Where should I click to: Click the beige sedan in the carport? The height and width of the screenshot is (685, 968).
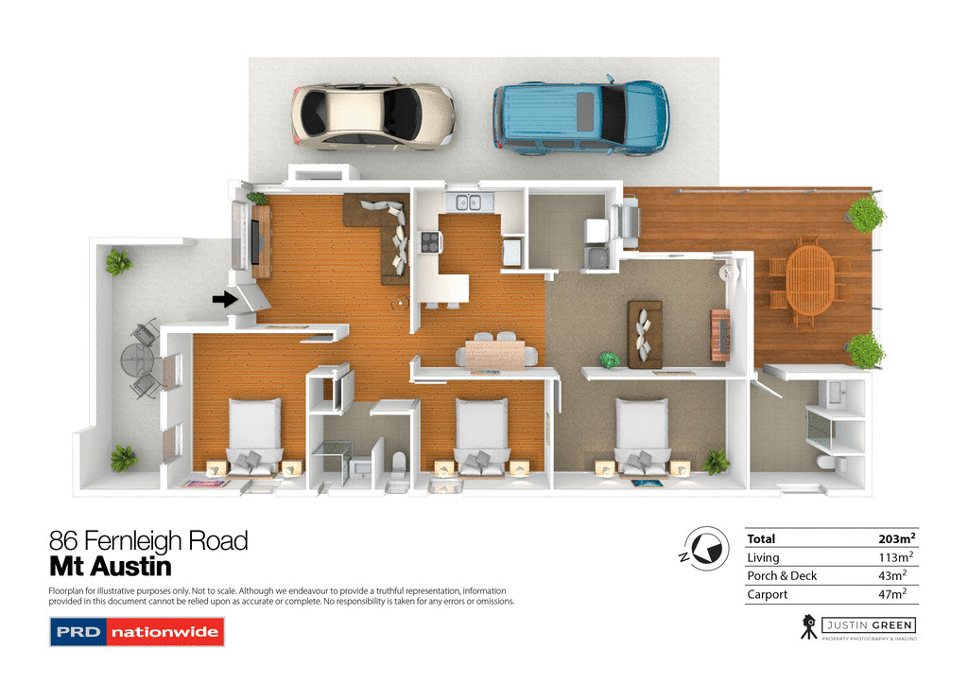click(x=372, y=116)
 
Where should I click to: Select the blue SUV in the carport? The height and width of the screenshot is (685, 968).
click(x=579, y=117)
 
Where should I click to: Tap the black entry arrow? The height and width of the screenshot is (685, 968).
click(x=224, y=300)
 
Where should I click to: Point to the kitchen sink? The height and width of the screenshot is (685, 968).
click(x=467, y=202)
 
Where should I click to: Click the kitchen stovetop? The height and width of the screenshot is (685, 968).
click(x=429, y=242)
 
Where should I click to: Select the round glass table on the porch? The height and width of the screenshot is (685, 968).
click(x=137, y=360)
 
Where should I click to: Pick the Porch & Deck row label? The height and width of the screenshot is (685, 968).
click(x=782, y=575)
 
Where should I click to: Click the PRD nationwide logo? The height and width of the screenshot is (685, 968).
click(x=136, y=631)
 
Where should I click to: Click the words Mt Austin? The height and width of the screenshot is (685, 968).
click(x=110, y=567)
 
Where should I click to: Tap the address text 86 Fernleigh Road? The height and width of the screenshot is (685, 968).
click(x=148, y=541)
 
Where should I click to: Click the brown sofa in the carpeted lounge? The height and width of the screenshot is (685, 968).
click(x=645, y=333)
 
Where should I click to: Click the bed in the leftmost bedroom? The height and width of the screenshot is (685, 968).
click(x=254, y=434)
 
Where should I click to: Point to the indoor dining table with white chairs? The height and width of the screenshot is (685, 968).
click(x=496, y=353)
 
